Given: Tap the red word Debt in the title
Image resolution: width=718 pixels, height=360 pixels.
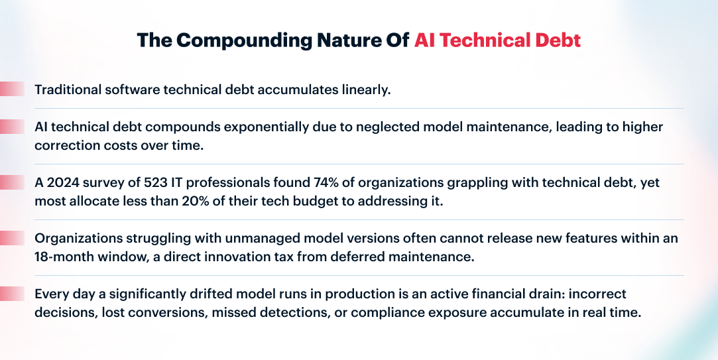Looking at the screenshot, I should tap(560, 40).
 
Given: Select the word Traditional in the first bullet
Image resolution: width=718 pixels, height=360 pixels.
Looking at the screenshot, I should tap(68, 90).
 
